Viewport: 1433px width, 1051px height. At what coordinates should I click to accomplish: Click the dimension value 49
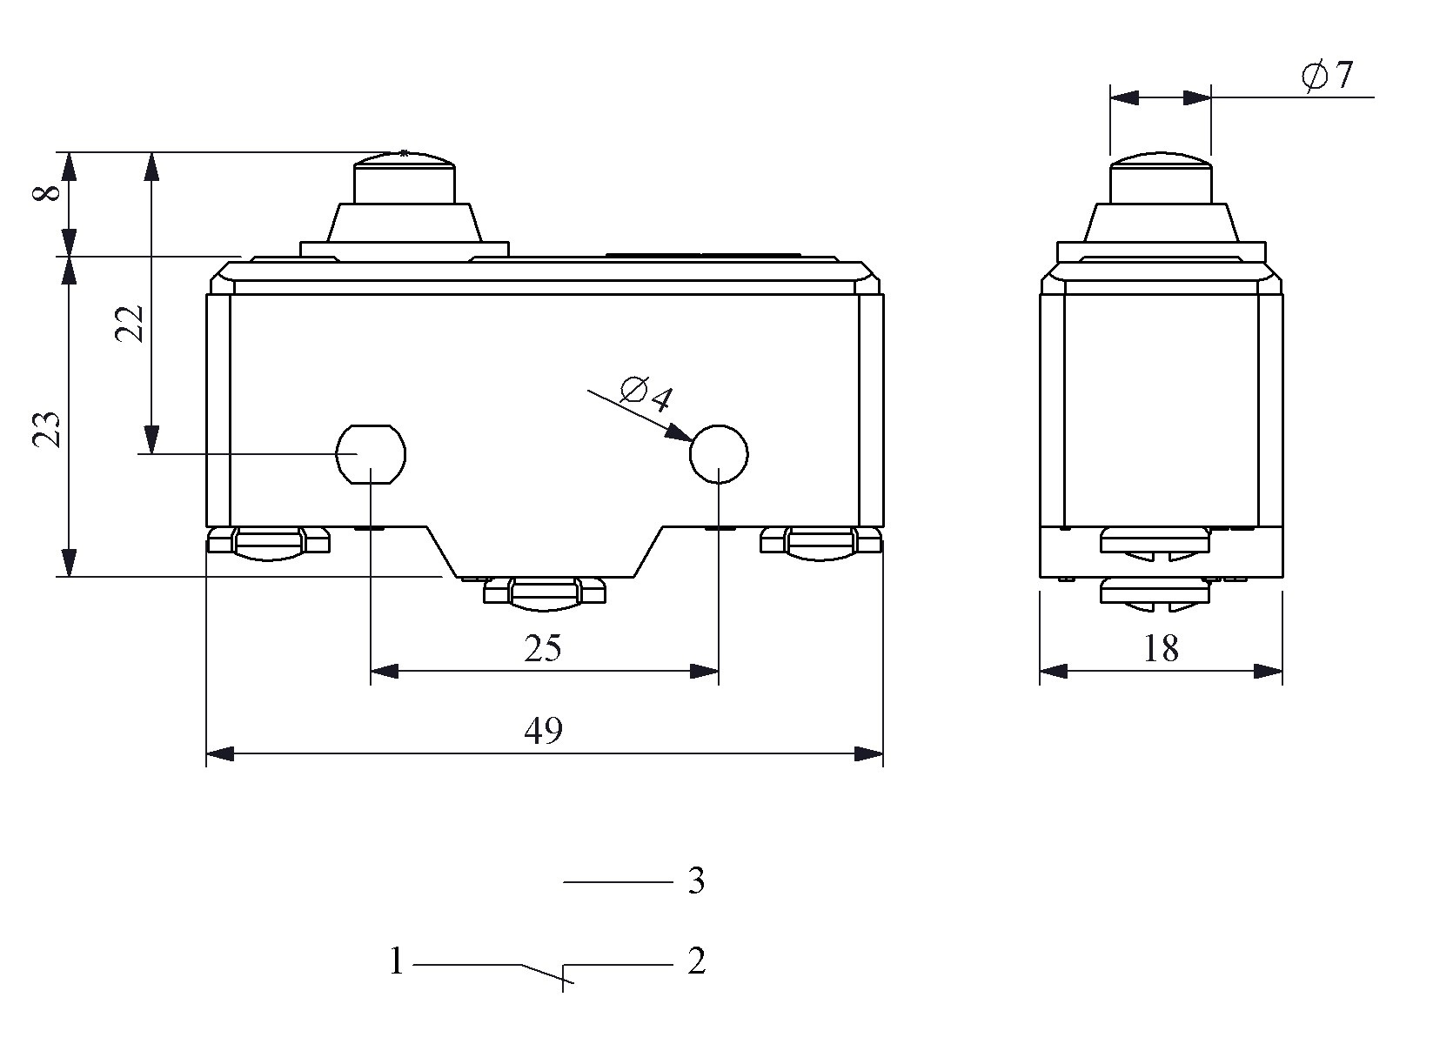543,731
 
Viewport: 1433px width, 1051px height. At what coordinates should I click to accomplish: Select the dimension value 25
543,649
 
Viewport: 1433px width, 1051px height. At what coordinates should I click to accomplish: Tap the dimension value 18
1161,649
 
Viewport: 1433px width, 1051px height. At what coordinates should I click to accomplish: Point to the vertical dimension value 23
47,429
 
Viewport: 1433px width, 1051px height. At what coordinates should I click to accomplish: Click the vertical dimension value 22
129,324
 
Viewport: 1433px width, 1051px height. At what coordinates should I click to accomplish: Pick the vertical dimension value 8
47,192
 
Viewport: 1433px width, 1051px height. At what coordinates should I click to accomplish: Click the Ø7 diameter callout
1327,76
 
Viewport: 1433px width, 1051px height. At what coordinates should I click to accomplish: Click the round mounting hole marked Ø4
719,454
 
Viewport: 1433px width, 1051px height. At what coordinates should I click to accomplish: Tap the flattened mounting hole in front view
371,454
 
